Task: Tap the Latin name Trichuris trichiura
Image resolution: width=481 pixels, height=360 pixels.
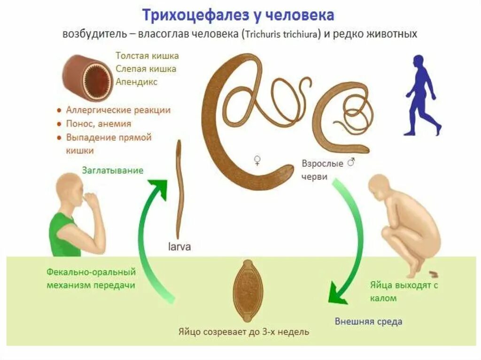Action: (x=281, y=34)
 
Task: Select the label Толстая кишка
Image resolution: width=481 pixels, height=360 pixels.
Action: (x=147, y=56)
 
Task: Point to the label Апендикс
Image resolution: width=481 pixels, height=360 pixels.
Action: (x=137, y=82)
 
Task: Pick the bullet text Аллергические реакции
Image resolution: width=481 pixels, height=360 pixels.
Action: (x=118, y=110)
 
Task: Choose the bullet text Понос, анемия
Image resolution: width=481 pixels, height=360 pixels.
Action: (x=98, y=124)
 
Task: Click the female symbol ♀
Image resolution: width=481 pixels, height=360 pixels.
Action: (x=257, y=161)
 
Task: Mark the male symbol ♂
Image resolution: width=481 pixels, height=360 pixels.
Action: (x=350, y=163)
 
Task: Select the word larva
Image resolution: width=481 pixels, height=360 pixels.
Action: (x=179, y=246)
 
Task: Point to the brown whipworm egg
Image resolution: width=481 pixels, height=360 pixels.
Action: (x=245, y=287)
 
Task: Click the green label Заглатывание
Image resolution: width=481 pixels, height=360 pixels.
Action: (x=113, y=170)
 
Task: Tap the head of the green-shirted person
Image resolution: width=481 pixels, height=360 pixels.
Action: (x=69, y=188)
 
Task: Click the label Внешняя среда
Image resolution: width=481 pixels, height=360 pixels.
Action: (x=368, y=322)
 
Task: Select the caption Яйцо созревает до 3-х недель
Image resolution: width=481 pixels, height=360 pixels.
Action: (x=243, y=332)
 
